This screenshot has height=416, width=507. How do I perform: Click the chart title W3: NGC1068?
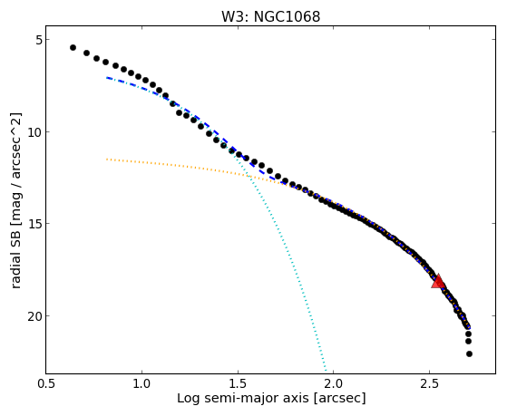[x=270, y=17]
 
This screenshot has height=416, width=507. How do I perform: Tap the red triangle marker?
[x=438, y=281]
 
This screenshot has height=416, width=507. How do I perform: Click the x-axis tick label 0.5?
[x=46, y=383]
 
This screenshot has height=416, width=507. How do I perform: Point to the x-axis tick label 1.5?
[x=238, y=383]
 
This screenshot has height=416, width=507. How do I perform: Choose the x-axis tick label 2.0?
[x=334, y=383]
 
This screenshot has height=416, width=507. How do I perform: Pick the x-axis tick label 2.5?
[x=429, y=383]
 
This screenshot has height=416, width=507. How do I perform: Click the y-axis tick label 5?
[x=39, y=40]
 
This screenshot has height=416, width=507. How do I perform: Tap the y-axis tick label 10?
[x=35, y=132]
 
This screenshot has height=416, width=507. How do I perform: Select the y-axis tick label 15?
[x=35, y=224]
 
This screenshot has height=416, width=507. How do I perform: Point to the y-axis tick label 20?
[x=35, y=315]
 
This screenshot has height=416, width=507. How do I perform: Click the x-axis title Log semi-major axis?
[x=243, y=399]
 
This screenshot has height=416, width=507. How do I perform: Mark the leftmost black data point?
[x=73, y=47]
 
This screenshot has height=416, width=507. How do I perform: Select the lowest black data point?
[x=469, y=354]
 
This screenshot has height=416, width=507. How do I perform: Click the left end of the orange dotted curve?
[x=107, y=159]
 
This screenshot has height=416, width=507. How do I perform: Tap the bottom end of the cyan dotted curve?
[x=326, y=371]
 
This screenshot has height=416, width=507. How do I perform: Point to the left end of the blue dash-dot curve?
[x=107, y=78]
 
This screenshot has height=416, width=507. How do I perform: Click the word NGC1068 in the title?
[x=287, y=17]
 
